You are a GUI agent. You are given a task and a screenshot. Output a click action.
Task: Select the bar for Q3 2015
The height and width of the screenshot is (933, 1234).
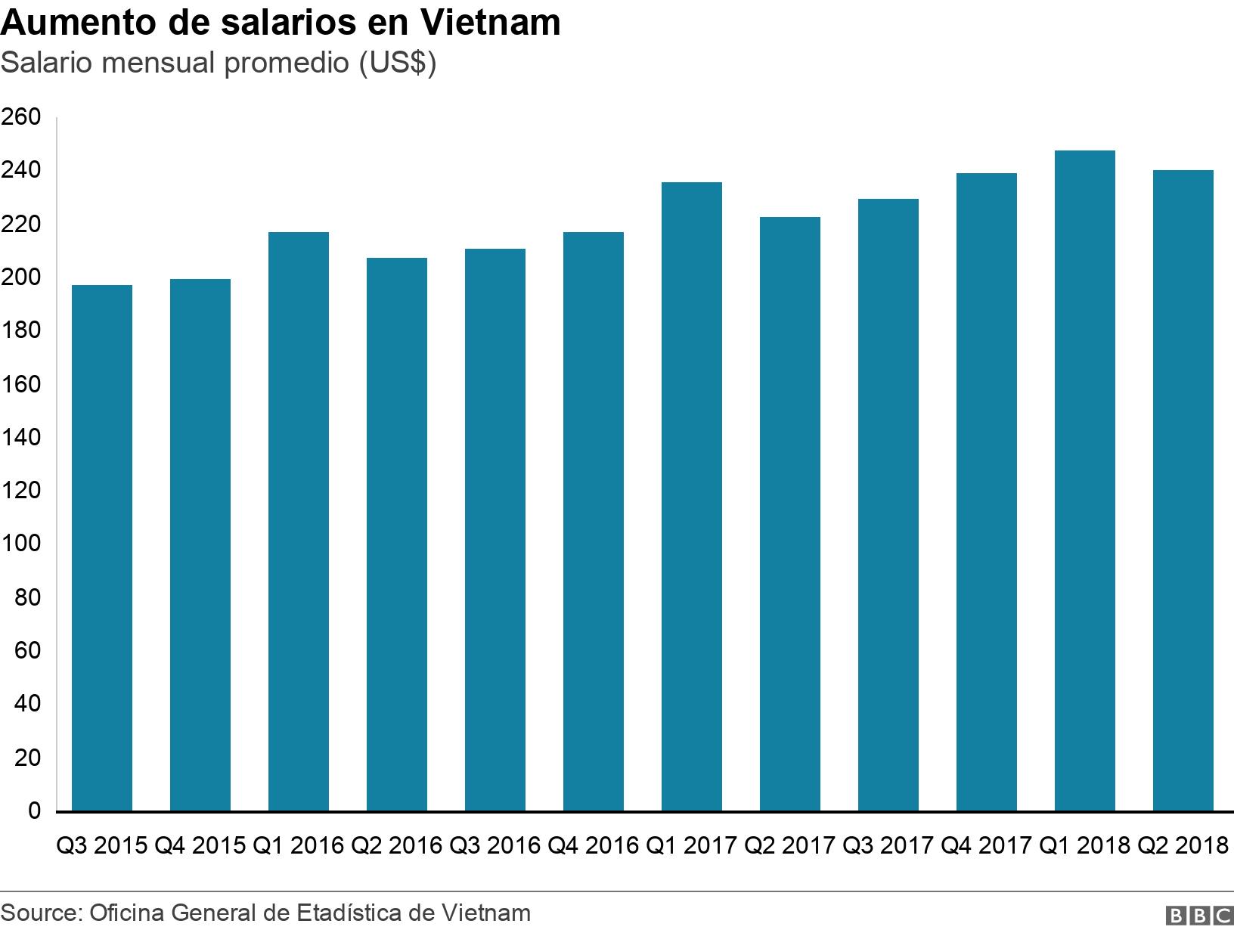(102, 548)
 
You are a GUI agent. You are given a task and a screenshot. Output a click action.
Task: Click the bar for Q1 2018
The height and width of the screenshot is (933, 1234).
(1084, 481)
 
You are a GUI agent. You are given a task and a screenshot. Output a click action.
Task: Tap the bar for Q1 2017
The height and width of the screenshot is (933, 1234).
(691, 497)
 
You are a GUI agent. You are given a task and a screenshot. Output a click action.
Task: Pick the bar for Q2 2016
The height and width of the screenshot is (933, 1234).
(397, 535)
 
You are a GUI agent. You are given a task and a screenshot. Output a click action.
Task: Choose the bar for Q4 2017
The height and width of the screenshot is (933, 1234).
(986, 492)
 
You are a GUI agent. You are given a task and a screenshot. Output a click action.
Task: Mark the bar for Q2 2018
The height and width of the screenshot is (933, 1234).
(1183, 491)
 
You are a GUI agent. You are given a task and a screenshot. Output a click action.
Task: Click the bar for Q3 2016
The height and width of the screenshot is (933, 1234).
(495, 530)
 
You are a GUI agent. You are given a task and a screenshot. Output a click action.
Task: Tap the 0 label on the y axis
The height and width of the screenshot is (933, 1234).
(34, 811)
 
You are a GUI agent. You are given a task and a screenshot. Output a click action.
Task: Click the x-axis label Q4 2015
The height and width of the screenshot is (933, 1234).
(200, 845)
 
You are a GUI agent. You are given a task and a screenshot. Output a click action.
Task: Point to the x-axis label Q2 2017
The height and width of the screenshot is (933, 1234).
(789, 845)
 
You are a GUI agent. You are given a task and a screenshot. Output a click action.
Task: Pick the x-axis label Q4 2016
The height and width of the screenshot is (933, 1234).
(594, 845)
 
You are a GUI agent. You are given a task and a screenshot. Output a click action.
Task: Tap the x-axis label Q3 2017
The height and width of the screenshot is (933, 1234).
(888, 845)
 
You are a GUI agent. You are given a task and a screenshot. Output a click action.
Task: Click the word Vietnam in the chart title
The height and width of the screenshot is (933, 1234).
(490, 23)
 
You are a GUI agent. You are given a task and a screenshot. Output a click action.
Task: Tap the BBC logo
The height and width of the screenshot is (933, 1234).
(1198, 916)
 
